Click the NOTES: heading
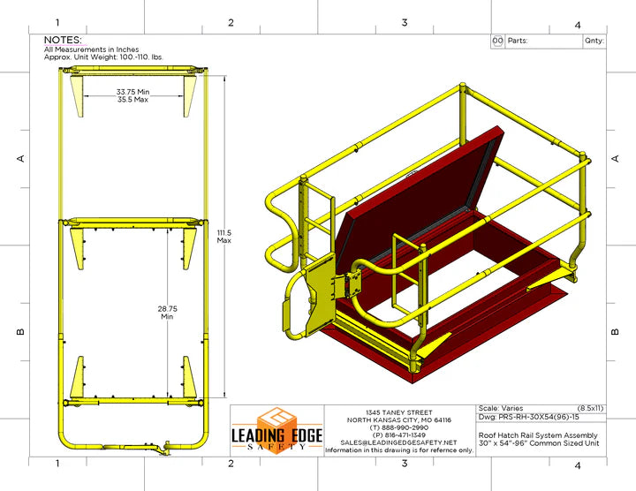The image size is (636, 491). coord(63,40)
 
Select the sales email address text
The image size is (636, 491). coord(397,442)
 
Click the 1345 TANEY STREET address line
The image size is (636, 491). coord(399,412)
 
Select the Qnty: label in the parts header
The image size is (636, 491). coord(594,41)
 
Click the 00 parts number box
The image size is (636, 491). coord(497,41)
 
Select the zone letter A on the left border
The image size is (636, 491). coord(20,159)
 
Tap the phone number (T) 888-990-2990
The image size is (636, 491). coord(399,427)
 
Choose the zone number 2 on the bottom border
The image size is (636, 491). coord(231,463)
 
